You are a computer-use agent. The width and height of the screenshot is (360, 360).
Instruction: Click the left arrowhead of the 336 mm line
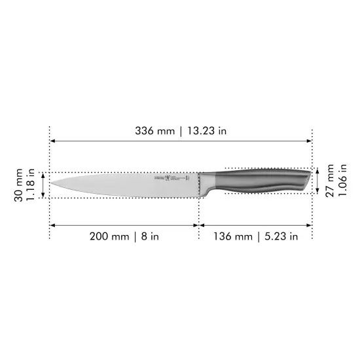click(53, 141)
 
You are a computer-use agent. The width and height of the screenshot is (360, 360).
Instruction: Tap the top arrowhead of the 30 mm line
click(44, 175)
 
